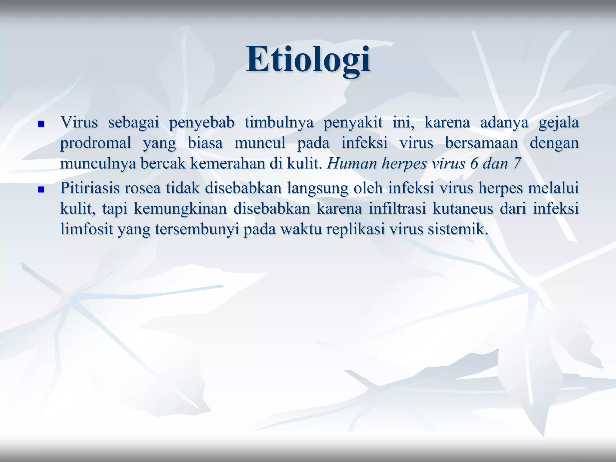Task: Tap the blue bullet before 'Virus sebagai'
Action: tap(41, 124)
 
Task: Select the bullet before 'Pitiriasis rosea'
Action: tap(41, 190)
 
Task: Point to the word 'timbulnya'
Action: tap(279, 123)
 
